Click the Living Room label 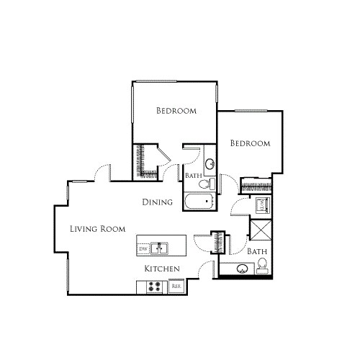pyautogui.click(x=97, y=229)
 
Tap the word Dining pyautogui.click(x=157, y=202)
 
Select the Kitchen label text pyautogui.click(x=162, y=269)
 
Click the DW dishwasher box pyautogui.click(x=143, y=249)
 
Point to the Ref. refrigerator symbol pyautogui.click(x=176, y=286)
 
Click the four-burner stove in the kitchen pyautogui.click(x=154, y=286)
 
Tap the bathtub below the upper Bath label pyautogui.click(x=198, y=202)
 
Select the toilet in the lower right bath pyautogui.click(x=263, y=269)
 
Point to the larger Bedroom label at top pyautogui.click(x=177, y=111)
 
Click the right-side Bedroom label pyautogui.click(x=250, y=143)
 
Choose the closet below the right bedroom pyautogui.click(x=255, y=185)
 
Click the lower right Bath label pyautogui.click(x=257, y=252)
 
